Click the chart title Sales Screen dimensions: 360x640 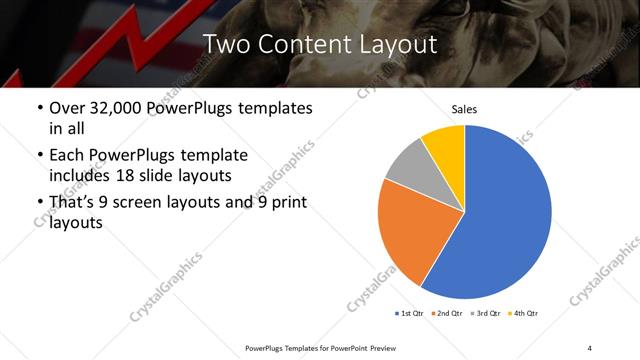(x=464, y=108)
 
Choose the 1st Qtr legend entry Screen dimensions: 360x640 (x=410, y=313)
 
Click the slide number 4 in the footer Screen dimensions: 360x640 (x=590, y=348)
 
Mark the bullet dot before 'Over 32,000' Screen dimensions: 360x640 (x=39, y=108)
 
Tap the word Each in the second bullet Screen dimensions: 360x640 (x=67, y=156)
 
